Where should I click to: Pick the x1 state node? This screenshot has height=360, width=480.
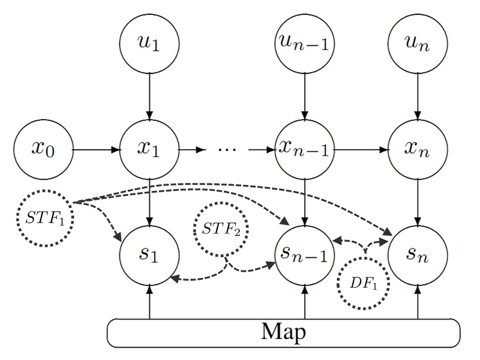tap(150, 150)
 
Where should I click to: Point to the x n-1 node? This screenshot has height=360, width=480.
tap(305, 150)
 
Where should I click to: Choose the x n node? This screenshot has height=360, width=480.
tap(418, 150)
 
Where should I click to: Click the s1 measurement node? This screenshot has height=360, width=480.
tap(150, 255)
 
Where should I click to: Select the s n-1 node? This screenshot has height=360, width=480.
tap(305, 255)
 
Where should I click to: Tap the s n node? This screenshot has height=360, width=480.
tap(418, 255)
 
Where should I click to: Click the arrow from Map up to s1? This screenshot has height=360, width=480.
tap(150, 302)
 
